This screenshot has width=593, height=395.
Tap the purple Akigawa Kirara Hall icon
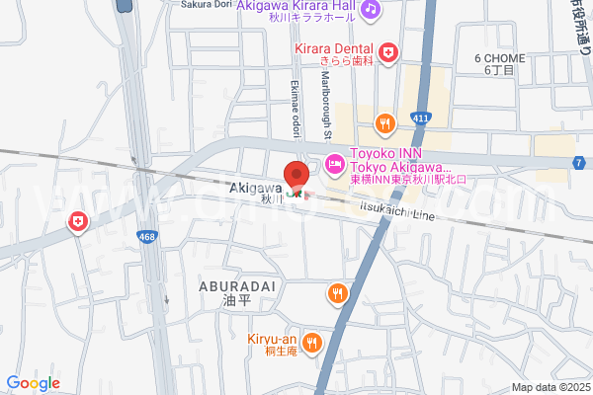coord(370,9)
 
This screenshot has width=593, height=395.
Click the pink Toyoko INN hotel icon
coord(334,161)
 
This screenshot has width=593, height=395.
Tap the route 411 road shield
coord(421,118)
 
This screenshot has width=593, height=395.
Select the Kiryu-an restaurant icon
coord(312,343)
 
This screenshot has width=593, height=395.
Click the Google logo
coord(33,383)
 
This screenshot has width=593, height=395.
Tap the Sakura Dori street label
coord(205,4)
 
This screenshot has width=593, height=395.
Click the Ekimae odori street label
coord(296,109)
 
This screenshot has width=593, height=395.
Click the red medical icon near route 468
coord(77,223)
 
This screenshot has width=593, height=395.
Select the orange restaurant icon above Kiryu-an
coord(338,293)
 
